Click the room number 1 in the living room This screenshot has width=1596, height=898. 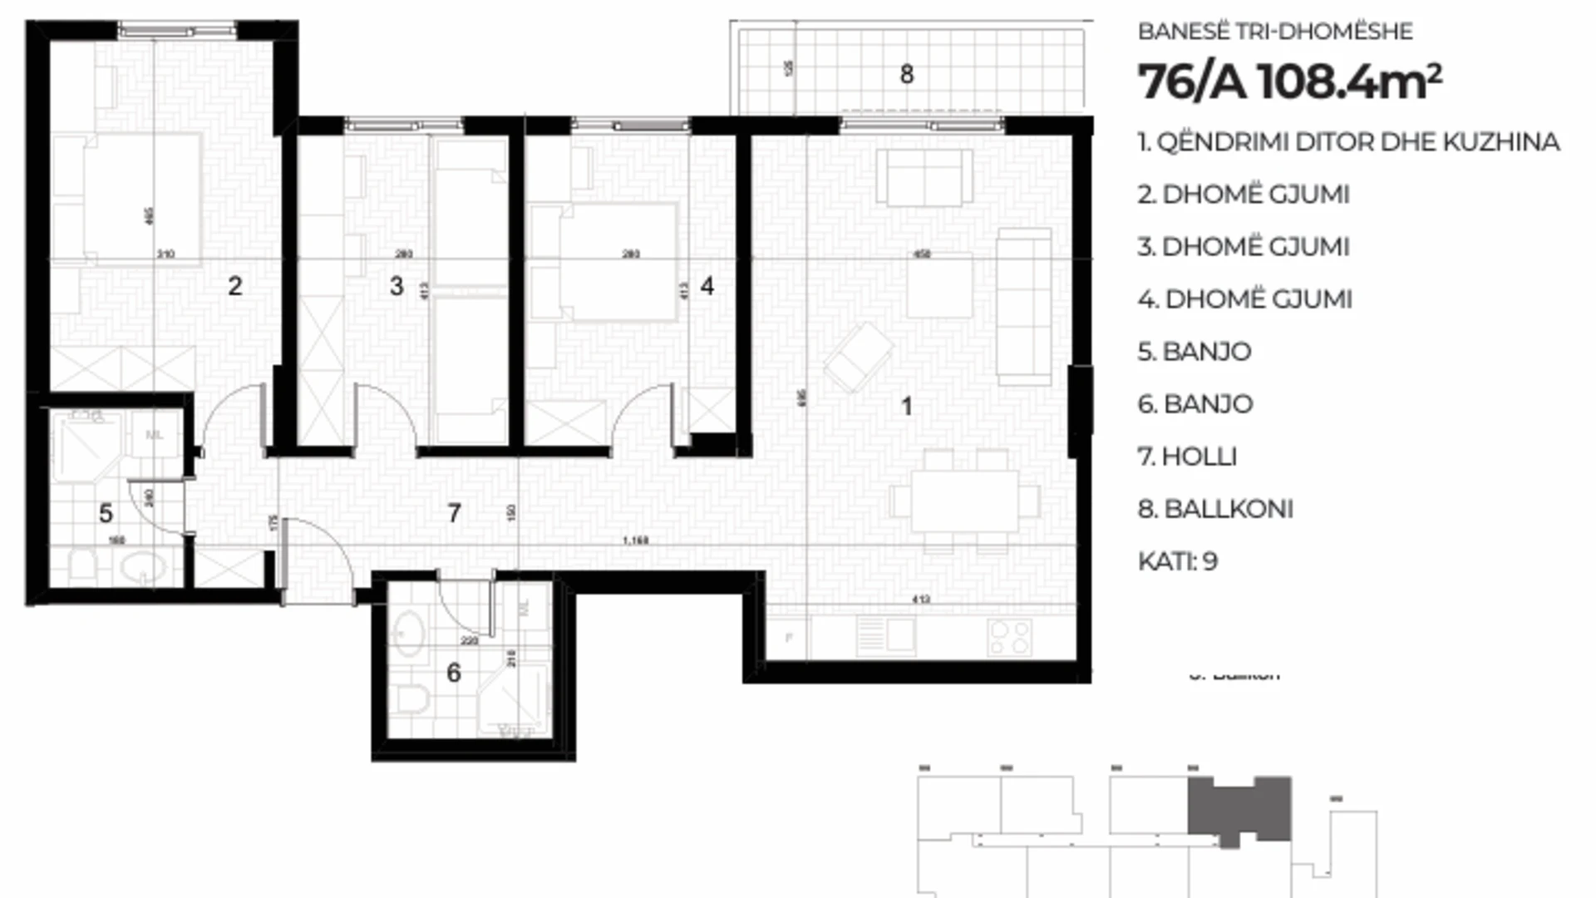906,407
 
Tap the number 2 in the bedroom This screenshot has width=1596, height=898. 235,286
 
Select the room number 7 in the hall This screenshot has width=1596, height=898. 454,513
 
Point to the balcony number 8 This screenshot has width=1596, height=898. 907,75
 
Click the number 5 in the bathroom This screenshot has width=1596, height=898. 106,513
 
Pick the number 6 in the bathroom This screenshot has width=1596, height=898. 453,672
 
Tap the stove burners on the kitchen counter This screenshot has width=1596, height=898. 1010,638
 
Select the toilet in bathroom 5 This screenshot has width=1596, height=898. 83,565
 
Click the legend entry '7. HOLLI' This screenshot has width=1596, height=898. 1187,456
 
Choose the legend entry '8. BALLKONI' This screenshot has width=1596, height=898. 1215,509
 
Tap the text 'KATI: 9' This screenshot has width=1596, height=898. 1177,561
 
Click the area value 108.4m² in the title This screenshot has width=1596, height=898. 1350,82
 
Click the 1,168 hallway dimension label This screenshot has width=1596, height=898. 636,541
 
